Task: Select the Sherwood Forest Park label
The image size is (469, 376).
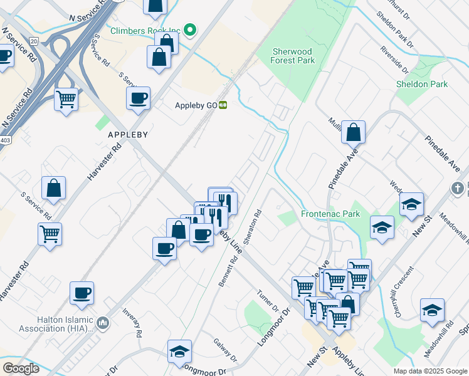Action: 293,56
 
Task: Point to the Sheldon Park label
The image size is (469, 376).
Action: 422,84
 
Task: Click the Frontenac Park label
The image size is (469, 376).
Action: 330,214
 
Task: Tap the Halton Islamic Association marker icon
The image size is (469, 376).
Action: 103,323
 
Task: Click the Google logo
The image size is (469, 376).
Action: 21,368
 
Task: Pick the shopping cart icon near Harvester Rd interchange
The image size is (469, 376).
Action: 66,98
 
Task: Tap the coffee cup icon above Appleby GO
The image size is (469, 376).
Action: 138,98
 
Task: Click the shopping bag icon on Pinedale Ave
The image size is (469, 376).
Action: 354,132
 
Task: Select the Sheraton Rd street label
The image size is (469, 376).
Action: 253,227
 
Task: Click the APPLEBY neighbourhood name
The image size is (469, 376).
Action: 127,135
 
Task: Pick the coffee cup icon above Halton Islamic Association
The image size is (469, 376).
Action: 82,292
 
